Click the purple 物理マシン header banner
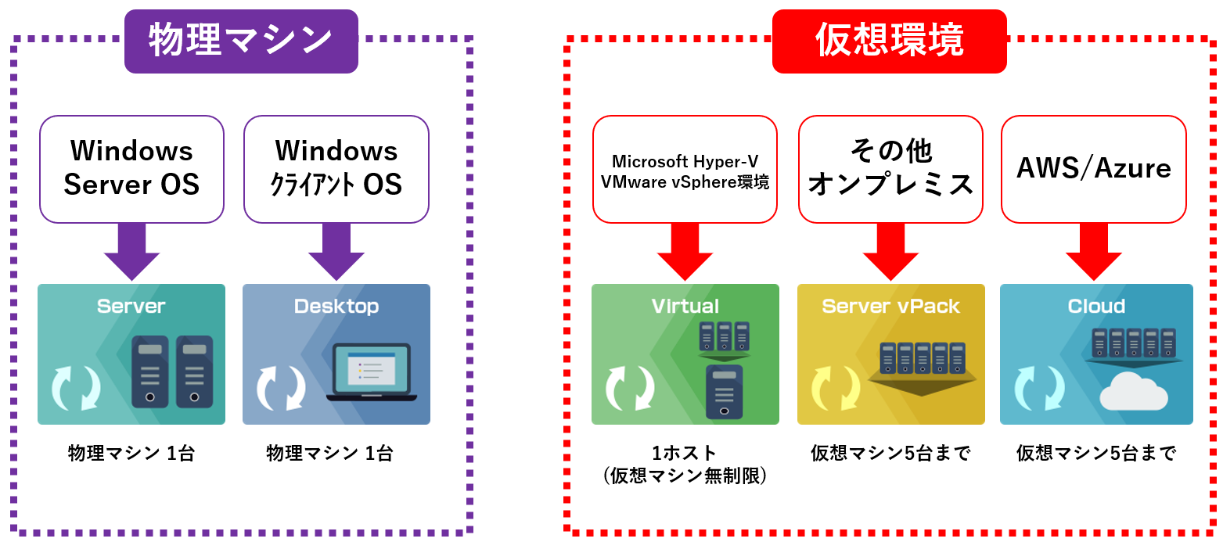241,41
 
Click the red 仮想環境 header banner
889,41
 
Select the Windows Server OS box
131,169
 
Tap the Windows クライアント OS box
336,169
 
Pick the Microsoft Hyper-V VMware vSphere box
685,169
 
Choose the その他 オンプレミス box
890,169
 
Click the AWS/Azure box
1093,169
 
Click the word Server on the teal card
131,306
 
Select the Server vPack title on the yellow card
890,306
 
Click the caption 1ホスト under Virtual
685,453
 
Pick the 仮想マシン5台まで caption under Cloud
1096,453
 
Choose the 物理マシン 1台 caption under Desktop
329,453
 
